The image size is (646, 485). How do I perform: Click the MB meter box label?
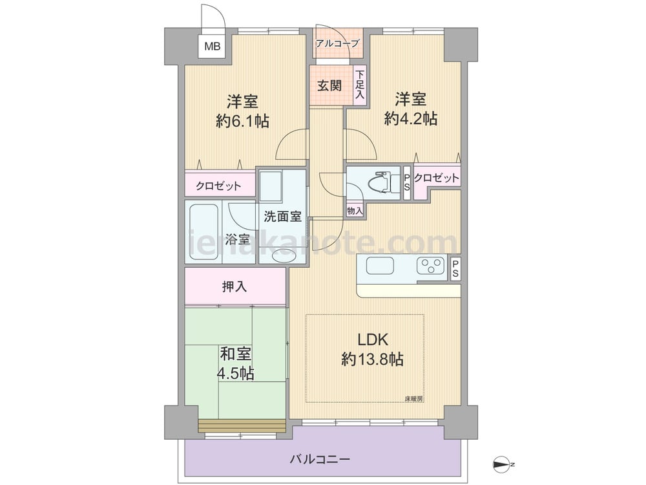click(213, 46)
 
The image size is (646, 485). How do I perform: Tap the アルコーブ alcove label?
click(338, 43)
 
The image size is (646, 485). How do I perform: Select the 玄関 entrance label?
click(329, 85)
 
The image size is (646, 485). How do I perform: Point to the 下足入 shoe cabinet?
click(360, 85)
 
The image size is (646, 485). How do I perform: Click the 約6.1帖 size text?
click(242, 121)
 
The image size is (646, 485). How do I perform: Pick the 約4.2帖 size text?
click(410, 119)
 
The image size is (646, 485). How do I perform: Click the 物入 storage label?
click(355, 211)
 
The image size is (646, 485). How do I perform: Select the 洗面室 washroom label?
click(283, 216)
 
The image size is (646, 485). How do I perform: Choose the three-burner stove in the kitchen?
click(431, 265)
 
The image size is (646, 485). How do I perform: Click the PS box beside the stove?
click(455, 269)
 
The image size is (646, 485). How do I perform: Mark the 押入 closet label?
click(234, 286)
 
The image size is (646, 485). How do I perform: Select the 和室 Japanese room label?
click(236, 354)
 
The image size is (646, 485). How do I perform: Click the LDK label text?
click(372, 340)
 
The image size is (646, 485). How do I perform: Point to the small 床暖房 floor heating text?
click(413, 399)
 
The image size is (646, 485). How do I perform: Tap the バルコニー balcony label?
click(320, 458)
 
